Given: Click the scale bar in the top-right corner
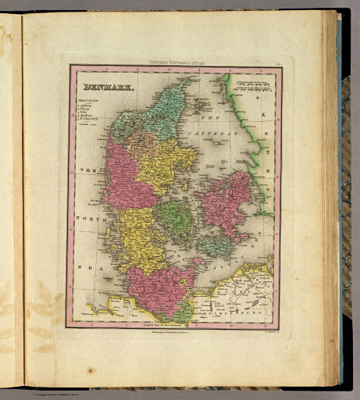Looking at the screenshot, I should pyautogui.click(x=251, y=84).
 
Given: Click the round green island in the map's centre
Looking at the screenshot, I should pyautogui.click(x=173, y=220).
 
